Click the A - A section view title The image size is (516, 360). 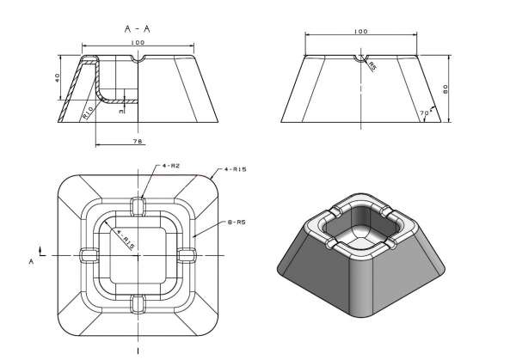tap(138, 28)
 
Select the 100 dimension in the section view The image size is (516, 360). tap(138, 41)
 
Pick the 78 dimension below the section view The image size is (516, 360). tap(137, 139)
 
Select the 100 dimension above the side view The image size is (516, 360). tap(361, 32)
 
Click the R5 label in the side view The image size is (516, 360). tap(372, 65)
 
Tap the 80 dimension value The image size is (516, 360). tap(459, 88)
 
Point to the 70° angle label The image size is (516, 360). tap(424, 113)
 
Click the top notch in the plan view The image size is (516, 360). tap(138, 204)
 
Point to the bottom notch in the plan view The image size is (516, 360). tap(138, 302)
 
